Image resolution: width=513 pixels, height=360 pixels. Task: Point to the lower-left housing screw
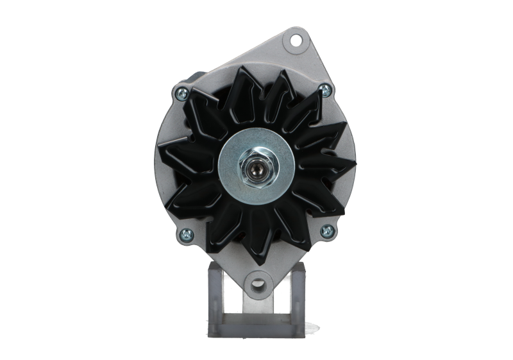(x=185, y=233)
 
